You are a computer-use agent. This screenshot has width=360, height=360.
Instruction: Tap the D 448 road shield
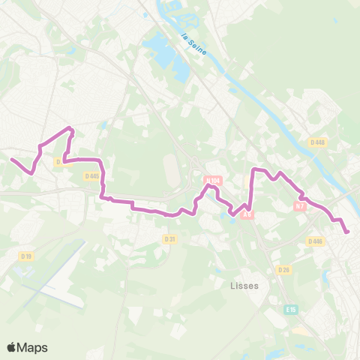coord(316,142)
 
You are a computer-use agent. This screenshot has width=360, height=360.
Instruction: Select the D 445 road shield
coord(92,176)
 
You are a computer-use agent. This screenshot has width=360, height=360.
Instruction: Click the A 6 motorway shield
coord(249,214)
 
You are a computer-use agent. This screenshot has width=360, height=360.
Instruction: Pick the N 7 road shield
coord(301,205)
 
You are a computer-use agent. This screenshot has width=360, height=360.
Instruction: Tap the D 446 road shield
coord(314,241)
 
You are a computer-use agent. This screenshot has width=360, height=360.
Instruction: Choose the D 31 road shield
coord(169,238)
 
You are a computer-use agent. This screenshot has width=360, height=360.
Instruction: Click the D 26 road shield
coord(283,269)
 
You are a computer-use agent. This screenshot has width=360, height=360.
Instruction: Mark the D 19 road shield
coord(27,256)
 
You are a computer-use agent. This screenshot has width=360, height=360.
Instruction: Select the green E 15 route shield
coord(291,309)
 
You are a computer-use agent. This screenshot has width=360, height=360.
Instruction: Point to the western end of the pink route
coord(11,158)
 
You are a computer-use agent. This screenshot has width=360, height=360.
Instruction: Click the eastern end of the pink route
coord(347,232)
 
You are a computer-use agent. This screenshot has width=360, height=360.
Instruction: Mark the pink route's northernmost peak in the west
coord(70,128)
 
